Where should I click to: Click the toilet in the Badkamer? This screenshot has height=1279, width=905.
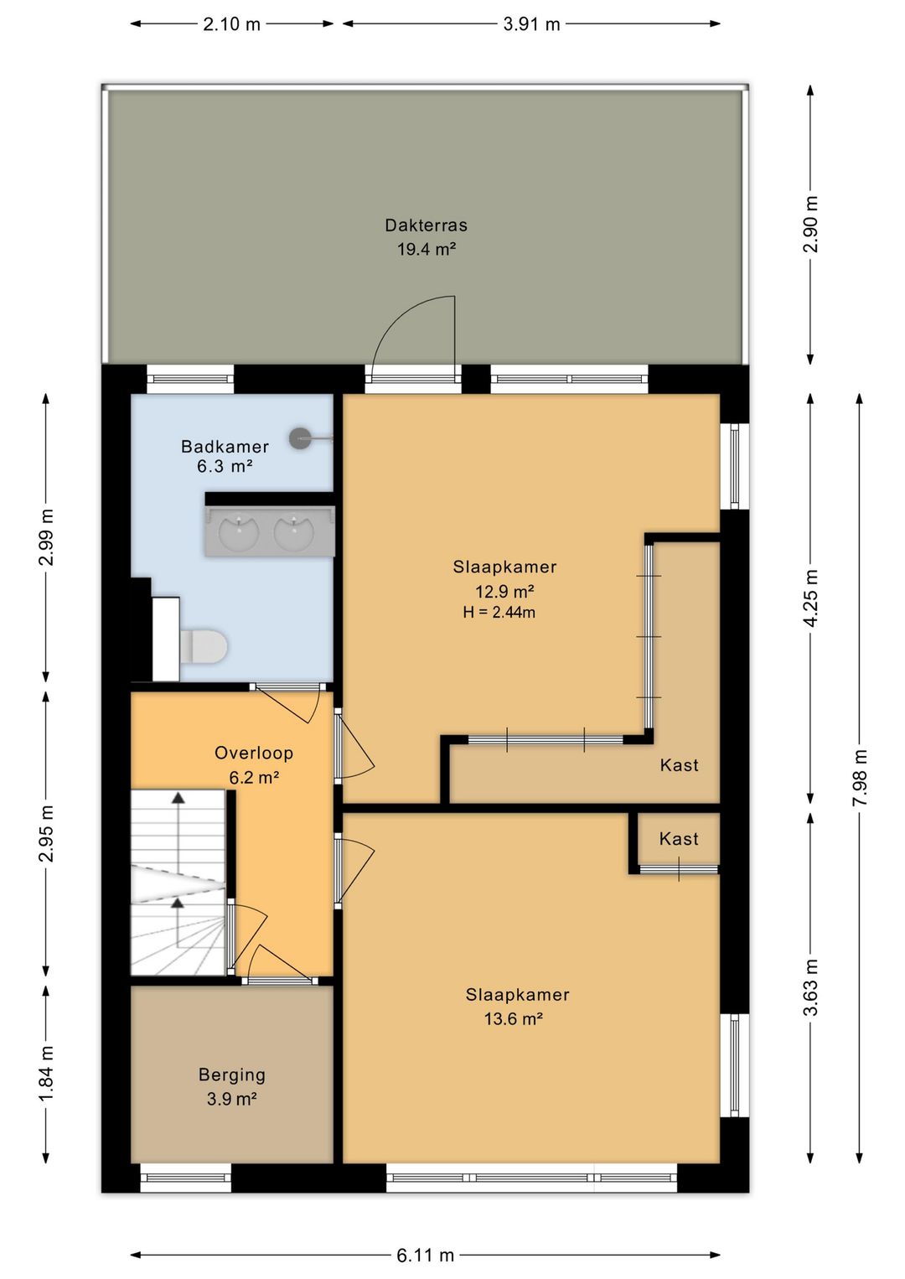click(x=204, y=647)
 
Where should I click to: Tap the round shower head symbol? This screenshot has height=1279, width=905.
click(x=300, y=438)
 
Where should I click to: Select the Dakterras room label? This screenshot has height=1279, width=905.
click(x=426, y=225)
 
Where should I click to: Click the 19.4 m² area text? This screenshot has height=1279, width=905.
click(x=427, y=249)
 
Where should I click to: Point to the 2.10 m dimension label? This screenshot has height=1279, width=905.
click(x=232, y=24)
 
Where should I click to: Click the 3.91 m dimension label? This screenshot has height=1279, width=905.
click(x=531, y=24)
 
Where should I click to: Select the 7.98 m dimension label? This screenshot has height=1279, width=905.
click(x=859, y=777)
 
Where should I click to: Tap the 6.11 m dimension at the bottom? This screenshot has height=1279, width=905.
click(x=426, y=1255)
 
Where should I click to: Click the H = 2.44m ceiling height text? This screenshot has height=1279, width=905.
click(x=499, y=613)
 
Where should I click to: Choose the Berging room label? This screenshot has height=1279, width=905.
click(x=232, y=1075)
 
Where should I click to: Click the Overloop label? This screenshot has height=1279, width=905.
click(x=254, y=753)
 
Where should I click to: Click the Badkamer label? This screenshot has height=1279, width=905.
click(x=225, y=446)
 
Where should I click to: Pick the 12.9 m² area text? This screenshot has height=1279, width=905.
click(x=504, y=590)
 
